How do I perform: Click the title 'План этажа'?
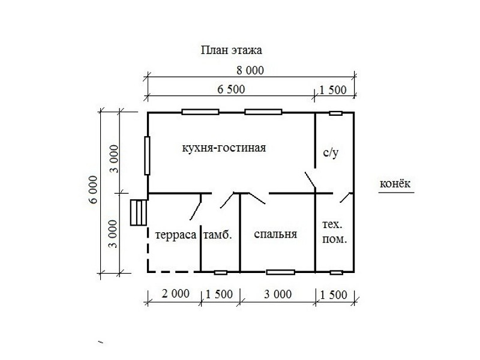[232, 50]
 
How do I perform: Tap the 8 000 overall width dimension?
[250, 70]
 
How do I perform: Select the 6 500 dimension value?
[231, 89]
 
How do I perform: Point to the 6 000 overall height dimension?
[93, 190]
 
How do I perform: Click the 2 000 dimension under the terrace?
[175, 294]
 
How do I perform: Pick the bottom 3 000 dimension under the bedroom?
[278, 295]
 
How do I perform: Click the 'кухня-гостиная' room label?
[224, 148]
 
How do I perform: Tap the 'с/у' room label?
[331, 153]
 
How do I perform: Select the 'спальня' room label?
[275, 234]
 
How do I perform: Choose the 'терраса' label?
[176, 235]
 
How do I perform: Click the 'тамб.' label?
[218, 235]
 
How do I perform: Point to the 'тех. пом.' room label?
[334, 232]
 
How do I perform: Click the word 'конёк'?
[395, 184]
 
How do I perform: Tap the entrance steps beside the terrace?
[139, 212]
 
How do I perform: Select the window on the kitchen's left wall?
[147, 155]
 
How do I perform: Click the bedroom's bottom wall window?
[280, 272]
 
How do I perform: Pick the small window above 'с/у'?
[335, 113]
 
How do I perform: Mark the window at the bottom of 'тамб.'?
[220, 272]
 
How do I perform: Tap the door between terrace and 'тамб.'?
[196, 207]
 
